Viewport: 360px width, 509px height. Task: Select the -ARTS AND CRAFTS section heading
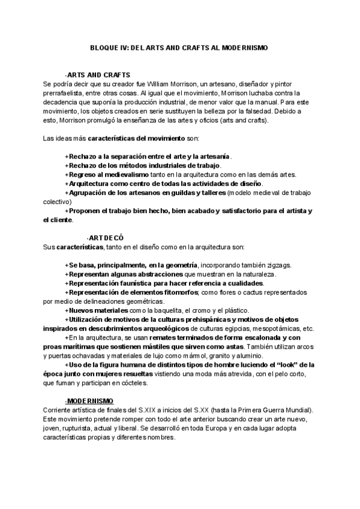pos(98,75)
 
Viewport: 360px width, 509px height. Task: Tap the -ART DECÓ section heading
pos(105,238)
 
